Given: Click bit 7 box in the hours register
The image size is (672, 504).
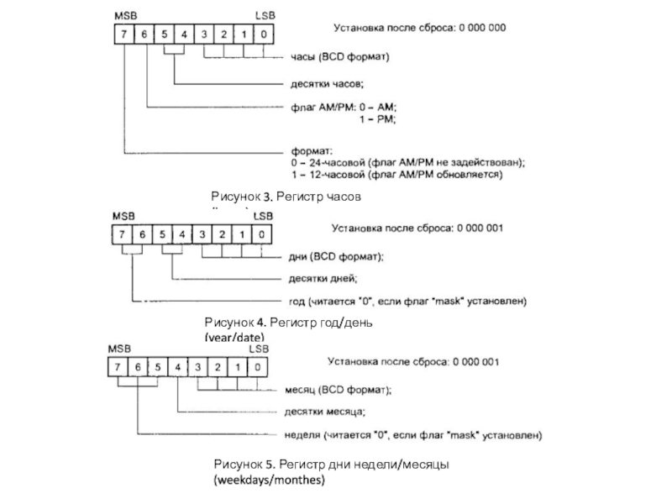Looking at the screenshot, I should (x=123, y=34).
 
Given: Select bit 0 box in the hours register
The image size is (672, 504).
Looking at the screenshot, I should (x=264, y=34).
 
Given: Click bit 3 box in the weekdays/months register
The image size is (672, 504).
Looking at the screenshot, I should (x=197, y=367).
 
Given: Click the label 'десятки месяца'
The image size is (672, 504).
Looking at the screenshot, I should (x=324, y=412).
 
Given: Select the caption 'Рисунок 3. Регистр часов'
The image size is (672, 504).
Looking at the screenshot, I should (x=286, y=196).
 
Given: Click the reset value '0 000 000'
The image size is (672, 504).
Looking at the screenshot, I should (x=481, y=28).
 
